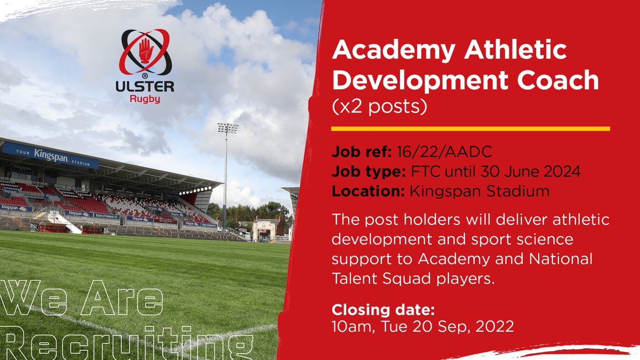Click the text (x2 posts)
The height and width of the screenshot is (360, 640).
click(379, 107)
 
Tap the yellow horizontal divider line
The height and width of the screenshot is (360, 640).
click(470, 129)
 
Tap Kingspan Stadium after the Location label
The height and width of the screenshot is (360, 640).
click(479, 191)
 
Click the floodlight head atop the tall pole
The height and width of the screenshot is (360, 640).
click(227, 128)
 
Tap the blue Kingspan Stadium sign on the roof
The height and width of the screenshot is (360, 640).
click(51, 155)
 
